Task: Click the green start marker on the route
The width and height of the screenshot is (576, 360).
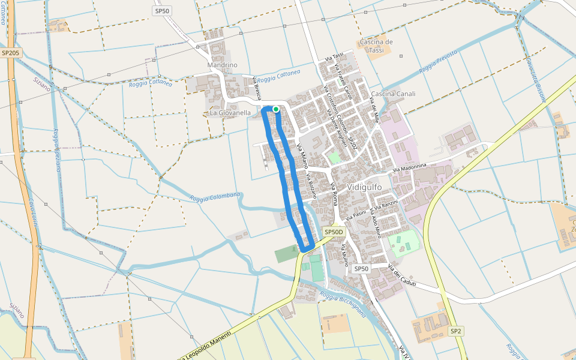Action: pos(275,109)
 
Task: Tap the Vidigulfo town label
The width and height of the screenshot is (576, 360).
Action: pos(364,187)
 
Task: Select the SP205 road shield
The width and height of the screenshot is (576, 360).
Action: pos(10,53)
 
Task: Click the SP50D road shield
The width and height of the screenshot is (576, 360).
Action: pos(334,232)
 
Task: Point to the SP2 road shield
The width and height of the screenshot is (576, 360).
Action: pos(456,331)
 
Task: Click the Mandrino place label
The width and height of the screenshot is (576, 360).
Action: pos(222,65)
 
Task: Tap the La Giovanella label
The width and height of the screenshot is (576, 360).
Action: pos(230,112)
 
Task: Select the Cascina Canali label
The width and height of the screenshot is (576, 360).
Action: pos(393,94)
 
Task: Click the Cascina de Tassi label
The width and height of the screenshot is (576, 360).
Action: pos(376,46)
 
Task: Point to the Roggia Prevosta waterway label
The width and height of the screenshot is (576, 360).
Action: pos(438,62)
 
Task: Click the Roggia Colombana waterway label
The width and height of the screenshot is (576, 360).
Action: pos(215,197)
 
